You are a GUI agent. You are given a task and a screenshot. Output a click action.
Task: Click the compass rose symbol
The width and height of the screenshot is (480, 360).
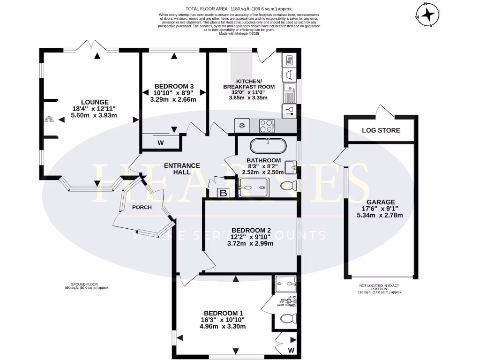[x=428, y=15]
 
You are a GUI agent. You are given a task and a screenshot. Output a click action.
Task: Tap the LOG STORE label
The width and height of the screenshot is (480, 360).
[x=381, y=130]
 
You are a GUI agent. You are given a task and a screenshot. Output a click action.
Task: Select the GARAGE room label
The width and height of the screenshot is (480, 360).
[x=380, y=202]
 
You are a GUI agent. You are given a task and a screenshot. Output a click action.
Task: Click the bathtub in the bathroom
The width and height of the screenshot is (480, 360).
[x=268, y=146]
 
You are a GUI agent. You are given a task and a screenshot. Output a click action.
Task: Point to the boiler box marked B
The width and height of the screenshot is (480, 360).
[x=224, y=193]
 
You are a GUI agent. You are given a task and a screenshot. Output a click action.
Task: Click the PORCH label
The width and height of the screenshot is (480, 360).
[x=142, y=207]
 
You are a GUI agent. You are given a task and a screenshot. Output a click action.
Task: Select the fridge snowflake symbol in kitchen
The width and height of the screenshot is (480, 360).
[x=242, y=126]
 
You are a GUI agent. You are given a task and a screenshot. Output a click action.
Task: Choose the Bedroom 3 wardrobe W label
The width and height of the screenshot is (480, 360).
[x=160, y=142]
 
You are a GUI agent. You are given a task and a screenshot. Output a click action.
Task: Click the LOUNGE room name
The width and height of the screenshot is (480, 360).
[x=95, y=102]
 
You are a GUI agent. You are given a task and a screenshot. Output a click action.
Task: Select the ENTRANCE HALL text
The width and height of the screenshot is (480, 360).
[x=182, y=169]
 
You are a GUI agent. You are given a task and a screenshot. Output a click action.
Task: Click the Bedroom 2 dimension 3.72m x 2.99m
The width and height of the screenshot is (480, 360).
[x=250, y=243]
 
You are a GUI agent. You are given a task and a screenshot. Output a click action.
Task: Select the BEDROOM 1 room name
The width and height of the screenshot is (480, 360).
[x=224, y=313]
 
